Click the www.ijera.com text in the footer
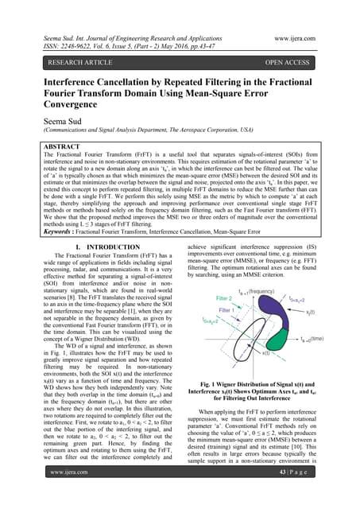click(x=52, y=494)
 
